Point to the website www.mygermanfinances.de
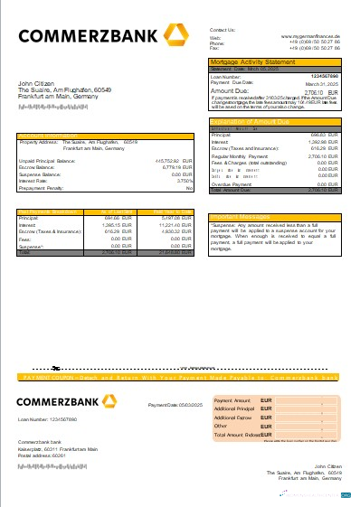[x=310, y=36]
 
